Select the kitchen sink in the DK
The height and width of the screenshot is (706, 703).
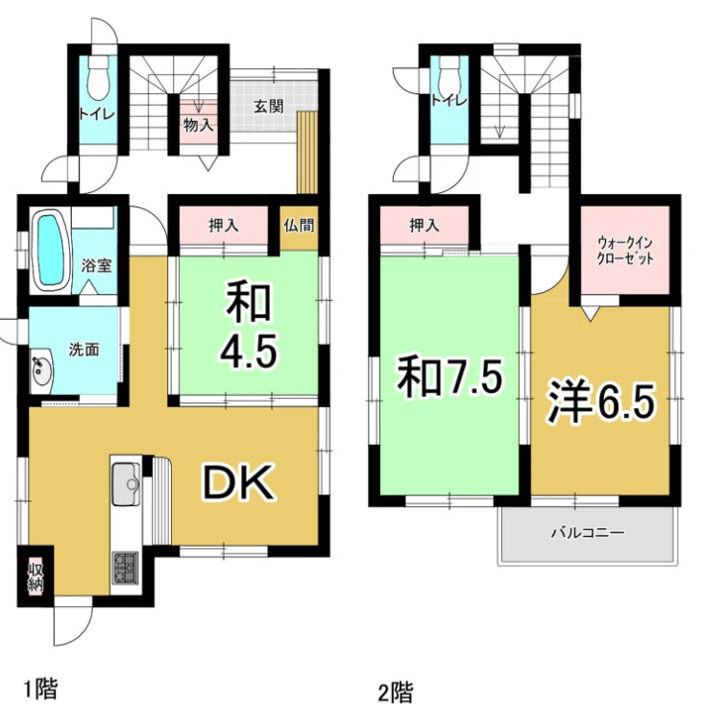[126, 483]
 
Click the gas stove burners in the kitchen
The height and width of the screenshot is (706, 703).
[126, 569]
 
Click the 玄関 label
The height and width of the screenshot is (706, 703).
[269, 107]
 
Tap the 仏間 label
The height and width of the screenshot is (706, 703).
[299, 225]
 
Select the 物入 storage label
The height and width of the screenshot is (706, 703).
[198, 125]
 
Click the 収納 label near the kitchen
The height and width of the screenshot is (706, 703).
[36, 576]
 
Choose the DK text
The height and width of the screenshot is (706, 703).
[237, 482]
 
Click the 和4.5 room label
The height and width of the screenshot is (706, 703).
[249, 325]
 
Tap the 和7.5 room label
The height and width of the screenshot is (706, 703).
[448, 377]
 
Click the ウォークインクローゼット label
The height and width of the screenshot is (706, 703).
[624, 251]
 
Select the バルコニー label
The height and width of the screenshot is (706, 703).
[588, 533]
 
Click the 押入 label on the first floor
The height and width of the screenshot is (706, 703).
[224, 226]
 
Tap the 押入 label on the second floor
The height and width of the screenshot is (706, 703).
[424, 226]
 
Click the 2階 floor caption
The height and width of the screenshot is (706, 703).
[396, 692]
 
